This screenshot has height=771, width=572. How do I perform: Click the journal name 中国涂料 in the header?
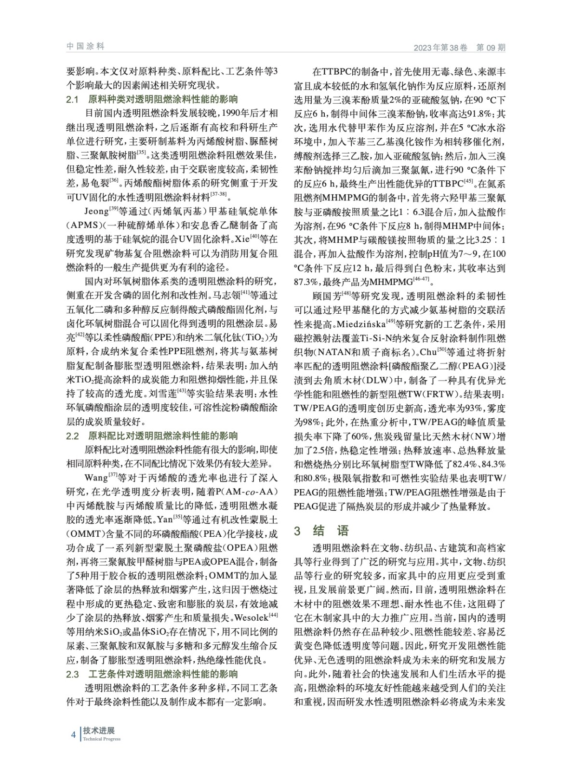[85, 47]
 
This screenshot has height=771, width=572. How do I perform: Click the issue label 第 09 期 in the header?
[491, 48]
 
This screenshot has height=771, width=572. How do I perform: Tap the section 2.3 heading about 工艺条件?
[152, 674]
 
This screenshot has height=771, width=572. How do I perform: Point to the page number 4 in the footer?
[73, 734]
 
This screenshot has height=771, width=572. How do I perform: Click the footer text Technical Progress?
[102, 739]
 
